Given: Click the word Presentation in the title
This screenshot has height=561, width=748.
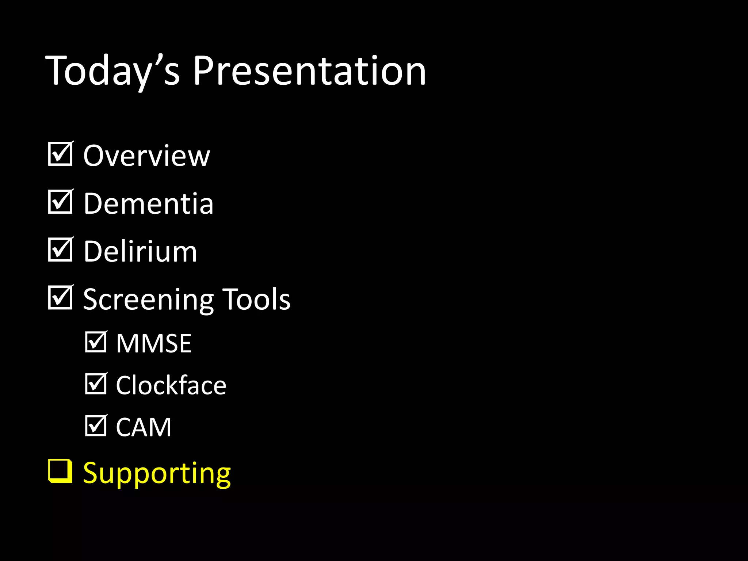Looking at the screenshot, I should (x=309, y=71).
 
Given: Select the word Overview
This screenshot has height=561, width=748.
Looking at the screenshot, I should (x=146, y=156).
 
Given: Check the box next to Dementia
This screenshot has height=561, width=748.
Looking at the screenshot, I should (x=60, y=202).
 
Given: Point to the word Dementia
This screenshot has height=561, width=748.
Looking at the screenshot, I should (x=148, y=204).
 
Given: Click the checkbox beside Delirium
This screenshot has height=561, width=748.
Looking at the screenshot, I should (x=60, y=250).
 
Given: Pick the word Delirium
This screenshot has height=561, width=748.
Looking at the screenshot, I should (x=140, y=252).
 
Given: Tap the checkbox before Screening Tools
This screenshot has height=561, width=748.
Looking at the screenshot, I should (x=60, y=298).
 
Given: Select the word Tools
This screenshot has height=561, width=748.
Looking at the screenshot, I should (x=256, y=299).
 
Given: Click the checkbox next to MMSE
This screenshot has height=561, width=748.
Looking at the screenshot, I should (x=96, y=342).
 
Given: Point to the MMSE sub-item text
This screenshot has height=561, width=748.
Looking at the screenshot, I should (x=154, y=344).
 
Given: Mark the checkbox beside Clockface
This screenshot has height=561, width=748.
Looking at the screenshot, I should (x=96, y=384).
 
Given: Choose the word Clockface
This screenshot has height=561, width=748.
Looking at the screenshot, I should (x=171, y=386).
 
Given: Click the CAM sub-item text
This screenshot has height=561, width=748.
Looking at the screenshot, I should (x=144, y=427).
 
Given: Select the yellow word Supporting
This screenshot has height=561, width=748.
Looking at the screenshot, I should (x=157, y=474).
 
